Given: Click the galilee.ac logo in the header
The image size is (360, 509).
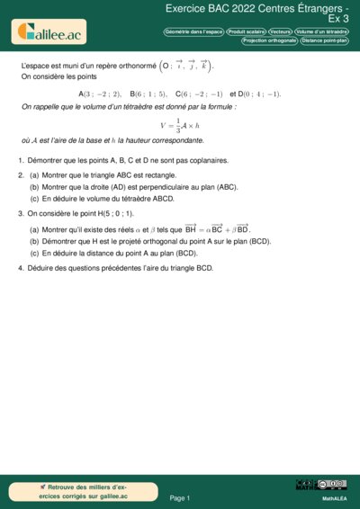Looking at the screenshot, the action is tap(50, 33).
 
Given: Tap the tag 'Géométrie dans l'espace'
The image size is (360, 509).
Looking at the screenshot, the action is tap(193, 31).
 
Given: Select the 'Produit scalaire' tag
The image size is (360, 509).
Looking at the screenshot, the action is tap(246, 31).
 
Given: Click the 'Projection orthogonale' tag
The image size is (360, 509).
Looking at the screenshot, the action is tap(269, 40).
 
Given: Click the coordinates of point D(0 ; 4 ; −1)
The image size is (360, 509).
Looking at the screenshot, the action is tap(260, 94).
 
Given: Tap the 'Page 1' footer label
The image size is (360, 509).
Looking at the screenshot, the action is tap(180, 497).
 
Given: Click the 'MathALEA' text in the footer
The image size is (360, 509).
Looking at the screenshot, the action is tap(335, 497).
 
